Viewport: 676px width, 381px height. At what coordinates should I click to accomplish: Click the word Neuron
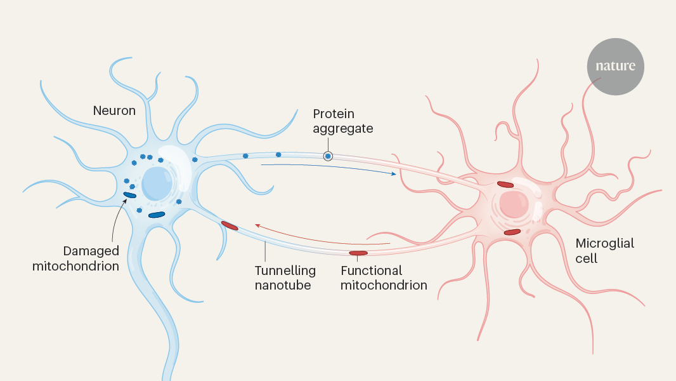click(114, 110)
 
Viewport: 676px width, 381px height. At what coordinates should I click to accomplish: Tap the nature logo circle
click(615, 67)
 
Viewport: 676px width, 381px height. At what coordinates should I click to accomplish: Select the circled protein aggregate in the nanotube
click(328, 156)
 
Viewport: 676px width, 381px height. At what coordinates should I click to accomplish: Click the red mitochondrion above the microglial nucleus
click(505, 185)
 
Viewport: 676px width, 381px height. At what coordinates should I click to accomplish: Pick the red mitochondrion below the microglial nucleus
click(512, 232)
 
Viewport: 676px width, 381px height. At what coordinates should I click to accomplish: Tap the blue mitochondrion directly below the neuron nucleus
click(157, 215)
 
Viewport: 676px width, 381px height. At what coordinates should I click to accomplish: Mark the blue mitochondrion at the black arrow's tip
click(130, 195)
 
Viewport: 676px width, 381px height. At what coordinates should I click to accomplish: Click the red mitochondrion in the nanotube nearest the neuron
click(230, 225)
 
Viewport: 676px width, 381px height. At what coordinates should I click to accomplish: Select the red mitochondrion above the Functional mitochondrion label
click(358, 254)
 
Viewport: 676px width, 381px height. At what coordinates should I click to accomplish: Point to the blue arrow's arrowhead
click(394, 173)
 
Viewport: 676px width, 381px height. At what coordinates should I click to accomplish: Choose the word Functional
click(371, 271)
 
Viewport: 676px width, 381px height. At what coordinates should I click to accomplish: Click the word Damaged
click(91, 251)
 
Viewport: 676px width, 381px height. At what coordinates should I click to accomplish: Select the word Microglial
click(604, 243)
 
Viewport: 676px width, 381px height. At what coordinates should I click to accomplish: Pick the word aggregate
click(343, 128)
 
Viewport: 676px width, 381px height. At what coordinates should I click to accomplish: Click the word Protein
click(334, 114)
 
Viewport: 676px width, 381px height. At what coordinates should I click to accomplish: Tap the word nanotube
click(283, 285)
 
